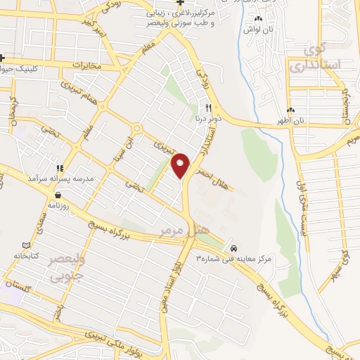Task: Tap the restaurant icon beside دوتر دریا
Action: click(x=208, y=108)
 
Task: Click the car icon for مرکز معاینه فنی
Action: click(x=233, y=248)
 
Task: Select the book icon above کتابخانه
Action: click(x=26, y=245)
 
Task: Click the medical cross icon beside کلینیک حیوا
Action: click(x=3, y=58)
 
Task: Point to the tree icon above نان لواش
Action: click(x=258, y=19)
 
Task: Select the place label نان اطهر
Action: click(x=288, y=120)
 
